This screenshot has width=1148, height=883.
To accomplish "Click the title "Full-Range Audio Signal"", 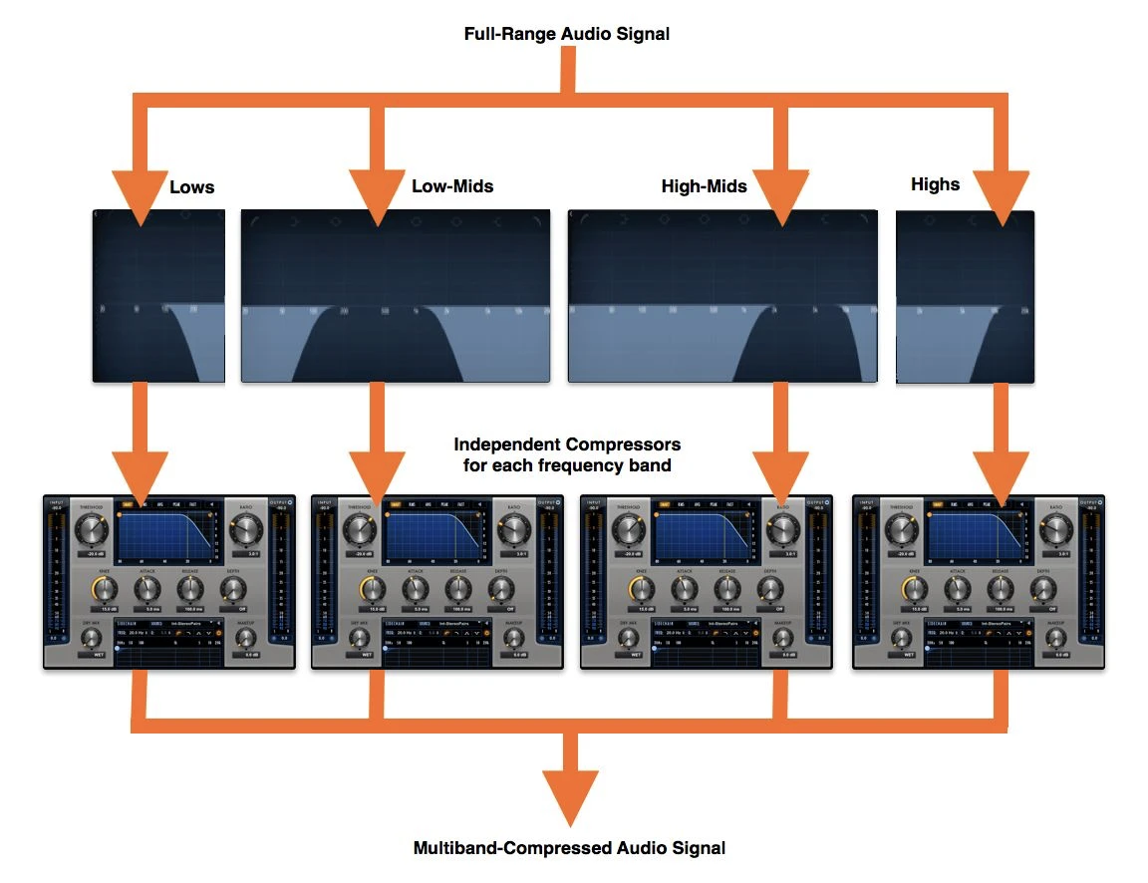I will (x=567, y=34).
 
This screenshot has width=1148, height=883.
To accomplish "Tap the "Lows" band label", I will (x=192, y=187).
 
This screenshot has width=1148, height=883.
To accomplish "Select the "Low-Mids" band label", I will (x=452, y=186).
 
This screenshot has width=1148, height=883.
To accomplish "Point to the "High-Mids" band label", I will (x=704, y=186).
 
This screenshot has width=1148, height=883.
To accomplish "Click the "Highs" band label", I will (x=935, y=184).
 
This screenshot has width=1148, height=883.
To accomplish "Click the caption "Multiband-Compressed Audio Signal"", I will (x=569, y=849).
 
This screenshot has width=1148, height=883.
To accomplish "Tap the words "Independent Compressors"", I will (x=567, y=444).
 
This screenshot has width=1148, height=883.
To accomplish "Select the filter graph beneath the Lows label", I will (x=158, y=296).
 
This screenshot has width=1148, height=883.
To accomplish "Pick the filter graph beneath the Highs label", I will (x=965, y=296).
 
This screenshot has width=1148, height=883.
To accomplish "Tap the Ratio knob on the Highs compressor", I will (x=1051, y=530).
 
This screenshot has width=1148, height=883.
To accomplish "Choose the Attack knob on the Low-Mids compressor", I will (x=416, y=589).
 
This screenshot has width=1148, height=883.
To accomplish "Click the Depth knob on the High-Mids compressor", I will (x=770, y=589).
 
